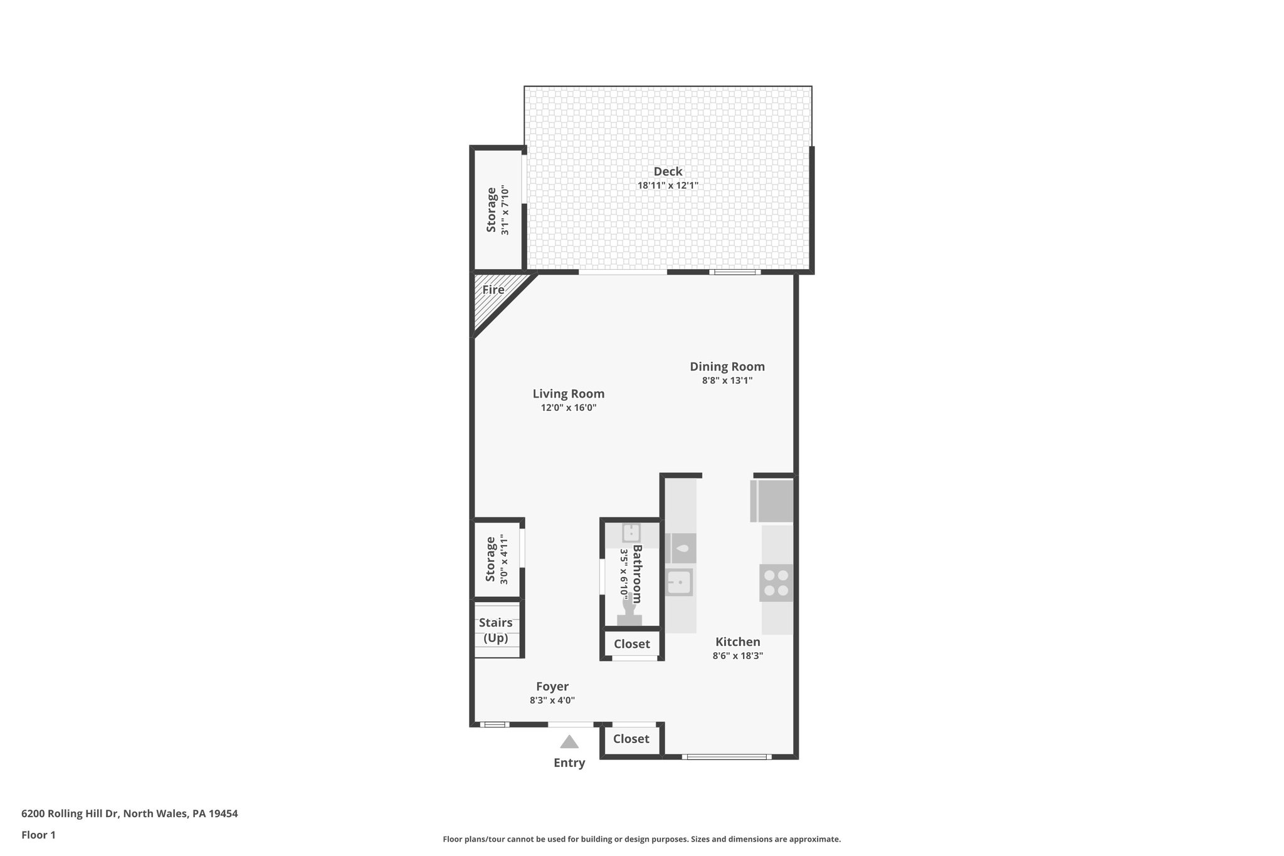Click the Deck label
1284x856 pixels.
pyautogui.click(x=668, y=171)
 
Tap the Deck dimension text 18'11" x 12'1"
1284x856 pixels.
pyautogui.click(x=668, y=186)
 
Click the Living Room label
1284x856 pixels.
pyautogui.click(x=568, y=394)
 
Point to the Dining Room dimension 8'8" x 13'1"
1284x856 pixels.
pyautogui.click(x=727, y=381)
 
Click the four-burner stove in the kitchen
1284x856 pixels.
pyautogui.click(x=776, y=583)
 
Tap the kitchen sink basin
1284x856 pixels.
pyautogui.click(x=678, y=583)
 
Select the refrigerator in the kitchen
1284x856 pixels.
pyautogui.click(x=772, y=500)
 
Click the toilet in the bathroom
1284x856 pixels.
pyautogui.click(x=629, y=611)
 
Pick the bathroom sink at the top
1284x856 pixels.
pyautogui.click(x=631, y=534)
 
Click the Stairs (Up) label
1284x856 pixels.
pyautogui.click(x=496, y=630)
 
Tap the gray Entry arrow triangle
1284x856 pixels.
pyautogui.click(x=569, y=742)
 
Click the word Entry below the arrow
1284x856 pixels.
pyautogui.click(x=569, y=763)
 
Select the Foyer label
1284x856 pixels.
pyautogui.click(x=552, y=687)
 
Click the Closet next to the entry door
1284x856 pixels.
pyautogui.click(x=631, y=739)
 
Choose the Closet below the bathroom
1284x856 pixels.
pyautogui.click(x=631, y=644)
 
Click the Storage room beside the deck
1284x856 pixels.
pyautogui.click(x=497, y=210)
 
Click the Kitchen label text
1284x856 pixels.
pyautogui.click(x=737, y=642)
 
